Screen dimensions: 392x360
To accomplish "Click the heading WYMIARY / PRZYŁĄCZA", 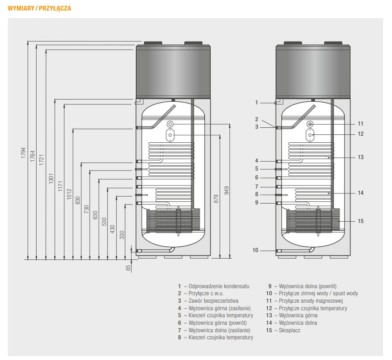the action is click(39, 8).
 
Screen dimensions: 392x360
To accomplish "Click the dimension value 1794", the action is click(23, 153).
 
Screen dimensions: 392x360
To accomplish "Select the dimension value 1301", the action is click(51, 178).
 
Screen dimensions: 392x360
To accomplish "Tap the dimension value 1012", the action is click(69, 194).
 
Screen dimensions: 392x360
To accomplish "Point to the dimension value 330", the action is click(122, 235).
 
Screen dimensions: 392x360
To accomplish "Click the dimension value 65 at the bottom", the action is click(128, 268).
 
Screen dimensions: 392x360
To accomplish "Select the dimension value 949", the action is click(227, 190).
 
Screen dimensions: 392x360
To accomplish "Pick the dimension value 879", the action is click(216, 199).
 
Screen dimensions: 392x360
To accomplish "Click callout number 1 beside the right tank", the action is click(256, 102).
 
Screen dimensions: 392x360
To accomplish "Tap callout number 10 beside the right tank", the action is click(255, 250).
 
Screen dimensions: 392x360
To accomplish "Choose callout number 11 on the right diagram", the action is click(360, 124).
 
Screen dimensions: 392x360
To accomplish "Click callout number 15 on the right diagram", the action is click(361, 221).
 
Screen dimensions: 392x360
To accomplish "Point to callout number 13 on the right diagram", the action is click(361, 157).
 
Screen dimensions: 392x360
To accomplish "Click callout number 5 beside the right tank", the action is click(257, 169).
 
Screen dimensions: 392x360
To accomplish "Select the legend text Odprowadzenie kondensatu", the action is click(219, 286).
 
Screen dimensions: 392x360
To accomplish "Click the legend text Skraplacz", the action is click(290, 330).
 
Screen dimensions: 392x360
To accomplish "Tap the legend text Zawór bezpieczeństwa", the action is click(213, 301).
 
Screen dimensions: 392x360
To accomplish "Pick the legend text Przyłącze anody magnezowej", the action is click(311, 301).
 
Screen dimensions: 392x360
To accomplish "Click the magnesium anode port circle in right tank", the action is click(310, 124).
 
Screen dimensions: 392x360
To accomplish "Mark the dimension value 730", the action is click(86, 209).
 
